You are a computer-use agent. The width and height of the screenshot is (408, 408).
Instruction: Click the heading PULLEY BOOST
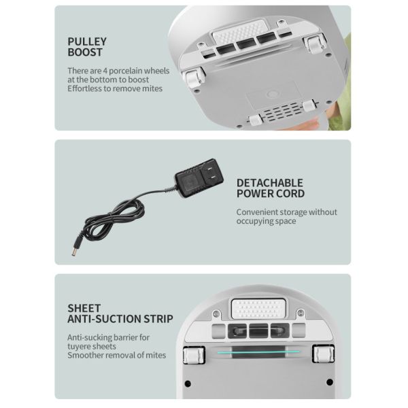coord(86,46)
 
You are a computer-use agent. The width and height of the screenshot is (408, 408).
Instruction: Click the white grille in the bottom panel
coord(257,307)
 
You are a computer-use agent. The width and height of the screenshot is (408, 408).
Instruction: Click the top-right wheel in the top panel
coord(314,45)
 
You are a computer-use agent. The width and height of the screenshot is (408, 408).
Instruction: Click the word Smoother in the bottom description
coord(85,355)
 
